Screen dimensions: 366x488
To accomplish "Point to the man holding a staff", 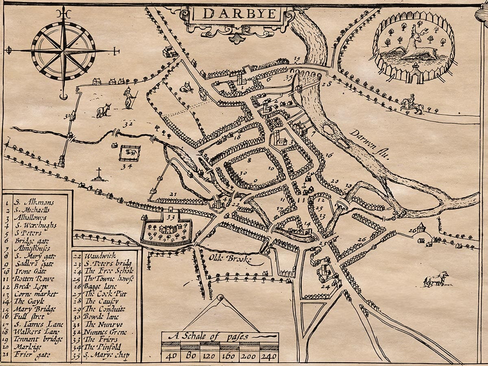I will (129, 98).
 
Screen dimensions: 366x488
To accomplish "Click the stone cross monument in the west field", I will (98, 174).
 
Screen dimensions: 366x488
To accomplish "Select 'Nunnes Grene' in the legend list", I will (106, 332).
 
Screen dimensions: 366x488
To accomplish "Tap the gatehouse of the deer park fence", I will (415, 74).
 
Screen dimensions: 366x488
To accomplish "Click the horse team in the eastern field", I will (436, 279).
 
